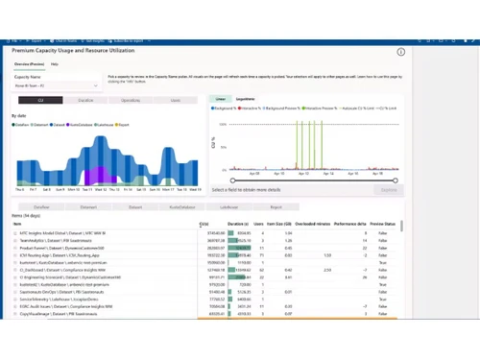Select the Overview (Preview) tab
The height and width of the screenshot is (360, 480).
[x=29, y=64]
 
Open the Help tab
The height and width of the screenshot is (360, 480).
[x=55, y=64]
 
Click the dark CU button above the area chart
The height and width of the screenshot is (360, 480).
[x=40, y=100]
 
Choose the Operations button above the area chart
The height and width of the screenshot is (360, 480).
[x=131, y=100]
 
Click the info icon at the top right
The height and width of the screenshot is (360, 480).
[x=400, y=52]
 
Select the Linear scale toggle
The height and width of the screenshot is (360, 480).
[x=221, y=99]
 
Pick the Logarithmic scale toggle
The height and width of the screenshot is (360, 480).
[x=246, y=99]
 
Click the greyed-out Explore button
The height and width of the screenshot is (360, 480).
[x=388, y=190]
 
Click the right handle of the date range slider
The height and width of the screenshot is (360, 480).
[x=396, y=180]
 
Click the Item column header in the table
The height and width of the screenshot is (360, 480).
[x=17, y=225]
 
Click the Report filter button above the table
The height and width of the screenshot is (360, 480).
[x=276, y=206]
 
